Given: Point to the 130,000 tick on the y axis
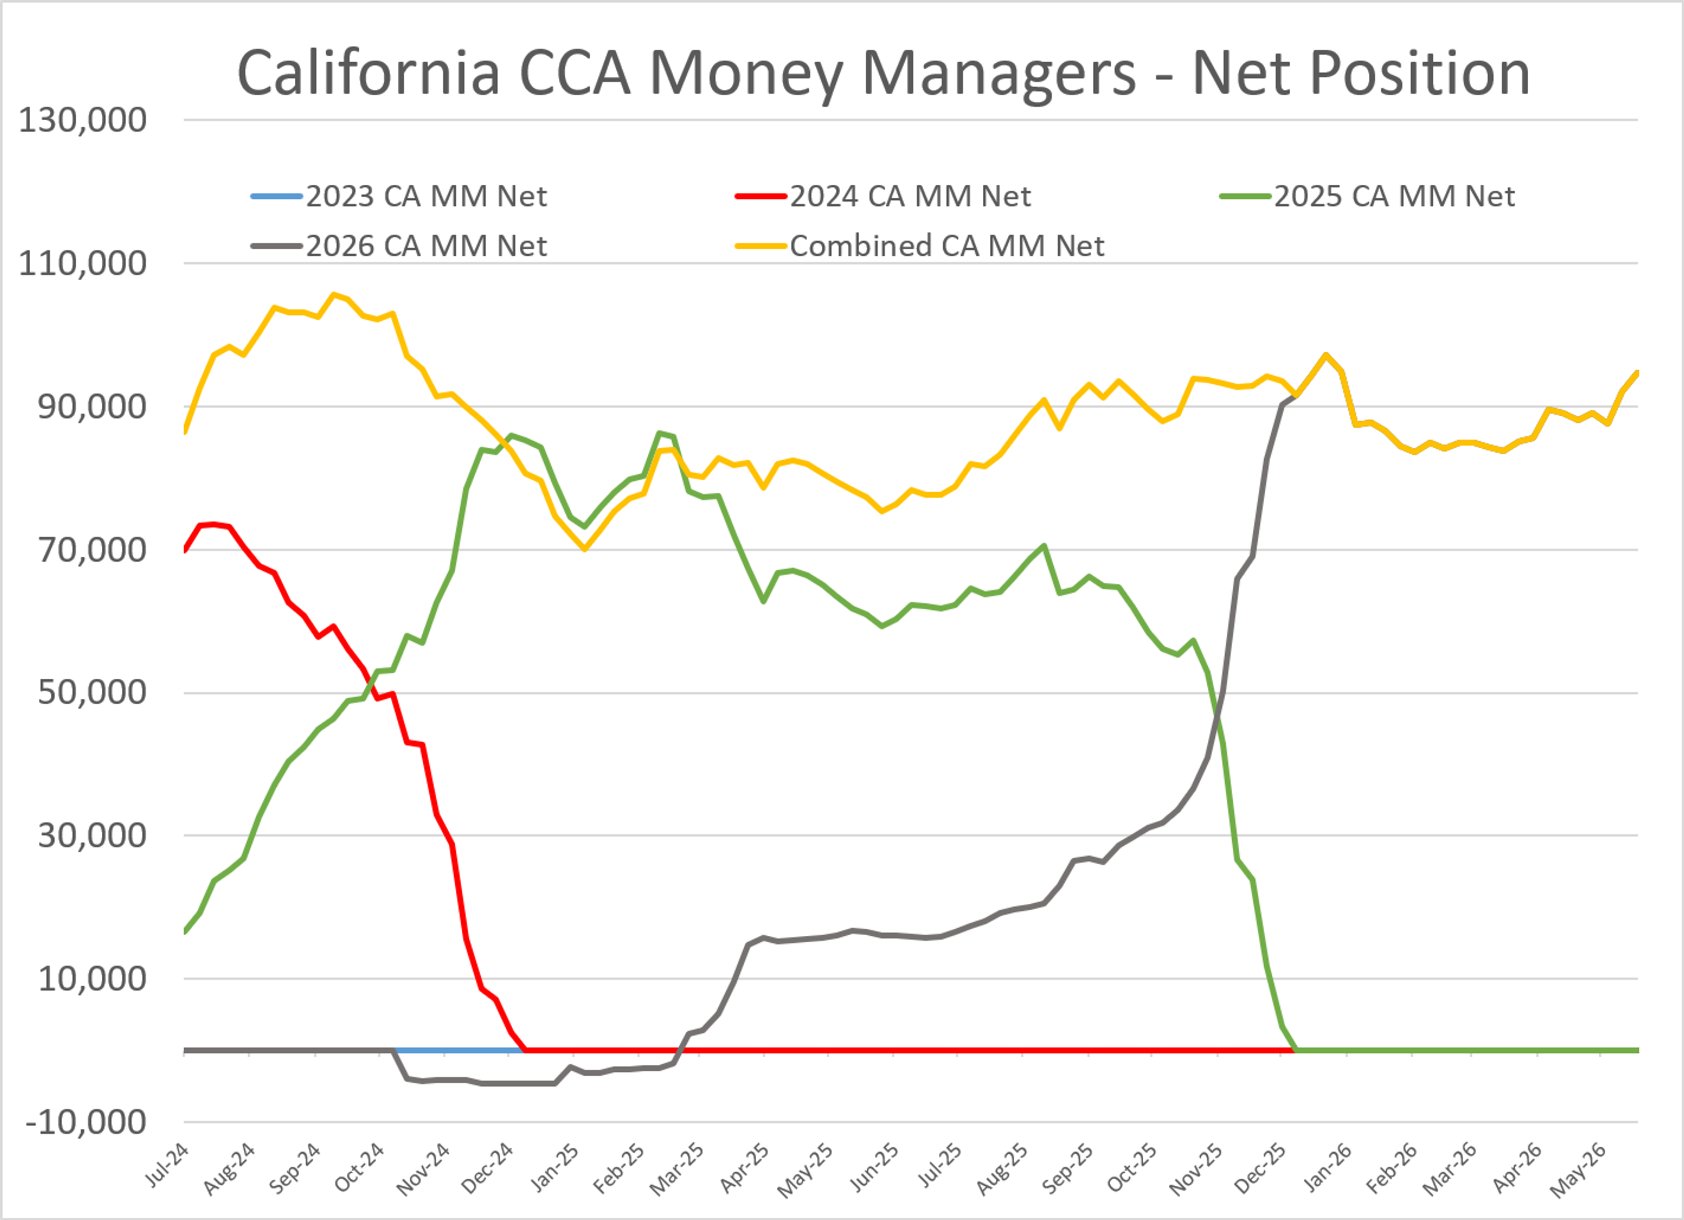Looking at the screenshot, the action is (x=82, y=120).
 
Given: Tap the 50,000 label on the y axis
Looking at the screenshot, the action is (x=92, y=693).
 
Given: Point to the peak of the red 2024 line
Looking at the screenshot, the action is (x=214, y=524).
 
